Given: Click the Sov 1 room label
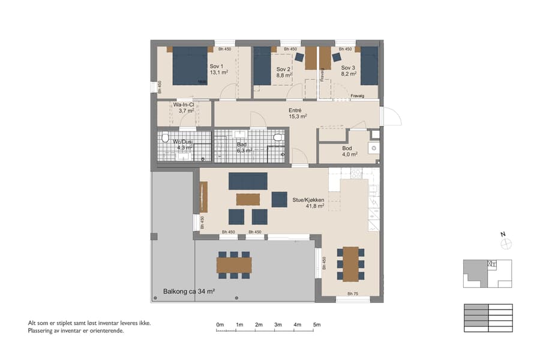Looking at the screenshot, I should click(217, 69).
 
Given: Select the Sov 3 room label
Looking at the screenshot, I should click(349, 71).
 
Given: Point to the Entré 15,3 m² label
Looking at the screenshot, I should click(298, 113).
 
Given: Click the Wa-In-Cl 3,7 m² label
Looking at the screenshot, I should click(183, 107).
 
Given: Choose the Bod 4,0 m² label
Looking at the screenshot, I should click(349, 151).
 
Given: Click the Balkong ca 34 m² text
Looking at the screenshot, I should click(189, 292).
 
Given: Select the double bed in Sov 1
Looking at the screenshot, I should click(190, 66).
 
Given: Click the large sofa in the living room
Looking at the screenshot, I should click(248, 181).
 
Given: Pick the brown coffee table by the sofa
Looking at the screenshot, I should click(248, 199).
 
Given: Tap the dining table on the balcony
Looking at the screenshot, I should click(234, 265).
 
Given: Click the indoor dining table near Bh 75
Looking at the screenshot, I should click(350, 263).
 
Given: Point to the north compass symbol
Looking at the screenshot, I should click(506, 242).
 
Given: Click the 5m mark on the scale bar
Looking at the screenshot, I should click(317, 325).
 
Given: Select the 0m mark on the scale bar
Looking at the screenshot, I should click(220, 325).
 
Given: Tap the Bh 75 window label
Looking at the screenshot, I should click(353, 294).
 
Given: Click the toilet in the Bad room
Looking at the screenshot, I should click(277, 137).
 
